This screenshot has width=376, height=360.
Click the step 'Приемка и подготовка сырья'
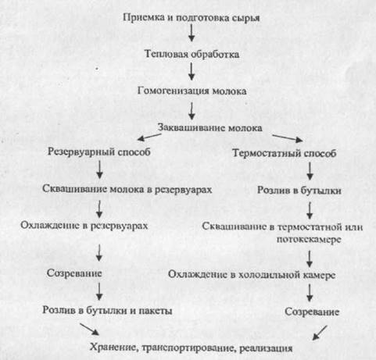pos(191,18)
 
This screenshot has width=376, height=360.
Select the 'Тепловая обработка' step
pos(192,54)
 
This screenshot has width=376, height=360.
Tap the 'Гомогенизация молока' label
pos(192,91)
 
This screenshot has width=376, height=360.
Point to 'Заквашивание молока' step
pos(209,127)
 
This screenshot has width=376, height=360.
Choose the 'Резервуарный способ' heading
pos(99,151)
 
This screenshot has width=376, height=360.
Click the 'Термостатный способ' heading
pos(284,153)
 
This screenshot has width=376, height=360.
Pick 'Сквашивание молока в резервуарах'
pos(127,189)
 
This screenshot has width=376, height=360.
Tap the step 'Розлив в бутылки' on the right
pos(299,191)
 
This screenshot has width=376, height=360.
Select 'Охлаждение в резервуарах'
pos(84,226)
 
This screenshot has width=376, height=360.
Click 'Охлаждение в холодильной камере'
pos(252,275)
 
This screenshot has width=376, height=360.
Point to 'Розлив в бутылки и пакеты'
pos(107,310)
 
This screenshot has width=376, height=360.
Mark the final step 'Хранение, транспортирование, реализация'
pos(191,348)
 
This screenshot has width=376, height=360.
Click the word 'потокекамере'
pos(309,239)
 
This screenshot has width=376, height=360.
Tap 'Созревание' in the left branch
pos(74,273)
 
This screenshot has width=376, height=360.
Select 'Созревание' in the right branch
pos(312,312)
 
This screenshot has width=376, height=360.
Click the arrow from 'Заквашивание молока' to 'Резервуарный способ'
pos(149,137)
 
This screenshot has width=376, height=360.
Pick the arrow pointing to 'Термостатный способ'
pos(288,138)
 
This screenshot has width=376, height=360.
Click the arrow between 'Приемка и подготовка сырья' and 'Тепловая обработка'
pos(192,33)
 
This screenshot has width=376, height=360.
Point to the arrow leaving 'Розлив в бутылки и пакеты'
pos(89,329)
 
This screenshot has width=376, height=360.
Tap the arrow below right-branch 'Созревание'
pos(320,333)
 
